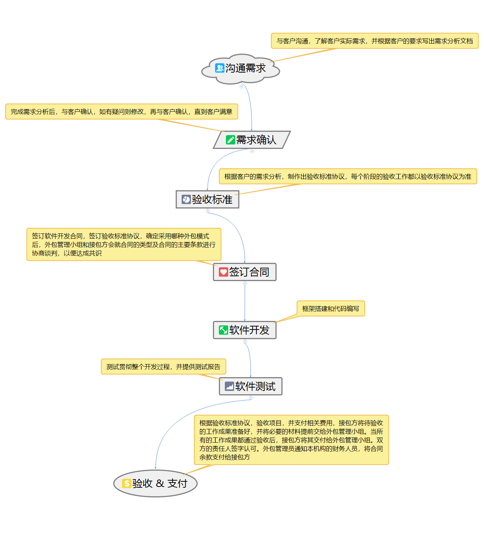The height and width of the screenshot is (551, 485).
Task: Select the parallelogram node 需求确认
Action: [x=256, y=140]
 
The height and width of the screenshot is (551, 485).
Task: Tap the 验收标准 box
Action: [x=212, y=200]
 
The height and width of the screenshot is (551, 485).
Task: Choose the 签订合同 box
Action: [x=249, y=272]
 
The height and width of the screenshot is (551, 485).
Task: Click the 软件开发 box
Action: [x=249, y=330]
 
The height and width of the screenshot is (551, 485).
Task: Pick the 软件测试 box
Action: [x=255, y=386]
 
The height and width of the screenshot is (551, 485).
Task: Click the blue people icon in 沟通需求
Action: [x=220, y=68]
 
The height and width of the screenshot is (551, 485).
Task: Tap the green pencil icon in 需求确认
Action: [x=230, y=140]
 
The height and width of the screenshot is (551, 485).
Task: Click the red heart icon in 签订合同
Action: [x=223, y=272]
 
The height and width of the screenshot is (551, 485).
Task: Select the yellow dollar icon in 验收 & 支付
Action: [x=127, y=484]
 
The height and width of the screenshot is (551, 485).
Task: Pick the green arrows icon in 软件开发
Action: [x=223, y=330]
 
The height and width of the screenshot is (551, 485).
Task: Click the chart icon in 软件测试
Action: [x=229, y=386]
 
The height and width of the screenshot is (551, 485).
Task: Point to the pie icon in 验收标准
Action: [x=186, y=200]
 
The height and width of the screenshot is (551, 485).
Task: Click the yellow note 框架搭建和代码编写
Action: [x=331, y=309]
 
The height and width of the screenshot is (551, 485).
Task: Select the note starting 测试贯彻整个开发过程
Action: [x=163, y=367]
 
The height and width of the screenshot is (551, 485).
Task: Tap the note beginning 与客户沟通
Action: [x=374, y=41]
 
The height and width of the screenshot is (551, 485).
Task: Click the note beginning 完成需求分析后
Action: [x=121, y=112]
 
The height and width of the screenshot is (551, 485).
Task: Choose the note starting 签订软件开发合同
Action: [x=124, y=245]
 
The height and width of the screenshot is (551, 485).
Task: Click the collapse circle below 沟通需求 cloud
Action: [x=241, y=86]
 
